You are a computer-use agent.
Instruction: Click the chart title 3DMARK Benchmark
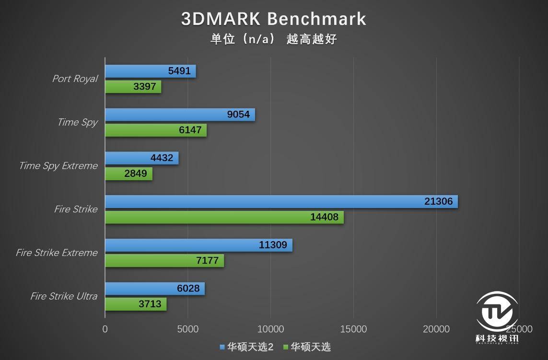[273, 19]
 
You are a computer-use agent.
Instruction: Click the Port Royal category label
[75, 79]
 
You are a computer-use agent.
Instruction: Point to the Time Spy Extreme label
[58, 166]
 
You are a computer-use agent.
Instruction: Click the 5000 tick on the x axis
[187, 329]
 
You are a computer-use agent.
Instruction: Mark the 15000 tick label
[353, 329]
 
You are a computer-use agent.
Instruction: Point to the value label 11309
[273, 245]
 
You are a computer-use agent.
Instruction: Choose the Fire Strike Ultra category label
[64, 296]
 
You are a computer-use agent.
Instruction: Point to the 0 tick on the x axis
[105, 329]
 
